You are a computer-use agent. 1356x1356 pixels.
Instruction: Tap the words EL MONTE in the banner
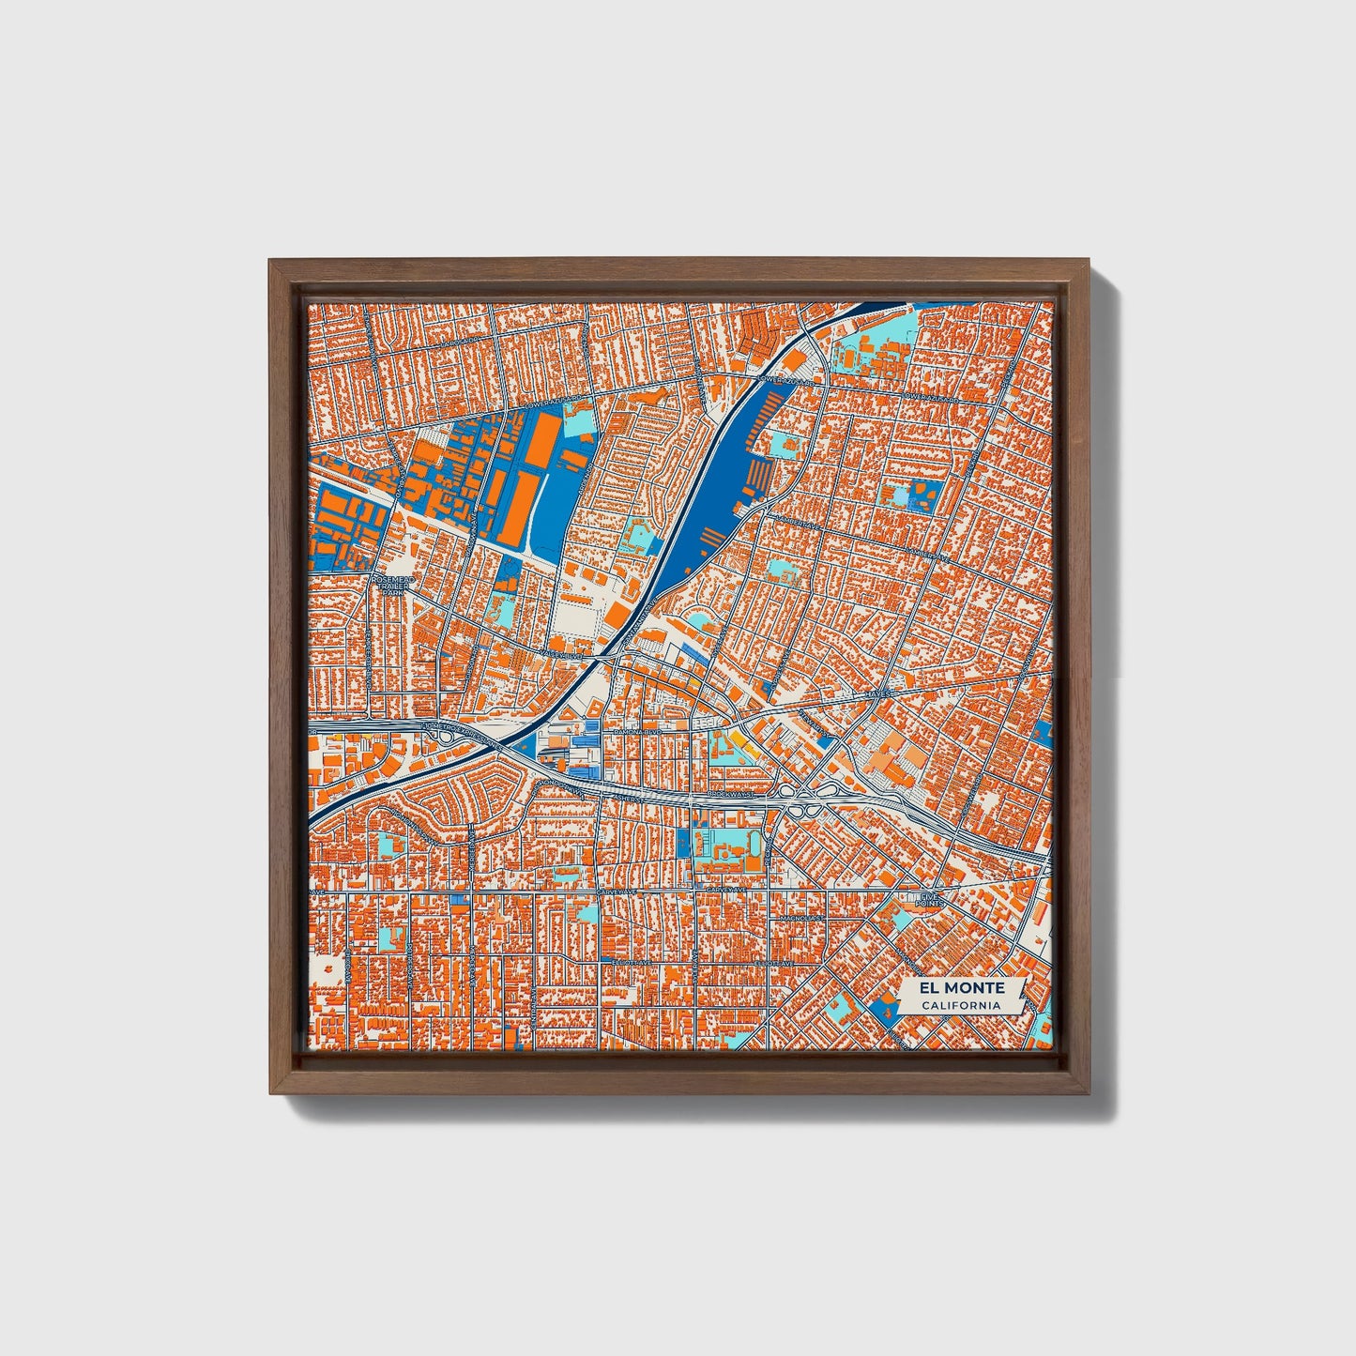click(962, 988)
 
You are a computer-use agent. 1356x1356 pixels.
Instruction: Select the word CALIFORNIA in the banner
click(960, 1006)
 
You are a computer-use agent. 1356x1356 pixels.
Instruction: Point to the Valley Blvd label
click(561, 651)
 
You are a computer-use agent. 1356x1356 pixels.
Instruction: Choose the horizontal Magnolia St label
click(803, 918)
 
